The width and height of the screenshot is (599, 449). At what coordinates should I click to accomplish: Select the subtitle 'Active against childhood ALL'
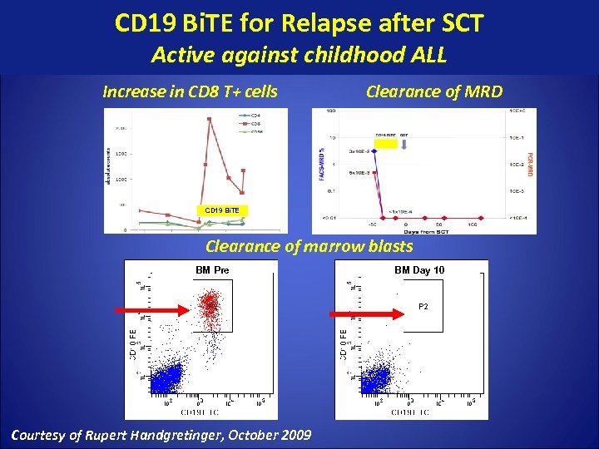[299, 56]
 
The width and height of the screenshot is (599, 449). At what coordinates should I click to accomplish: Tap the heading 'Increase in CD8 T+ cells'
[190, 91]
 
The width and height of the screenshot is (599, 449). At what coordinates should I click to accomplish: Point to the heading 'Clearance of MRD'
[434, 91]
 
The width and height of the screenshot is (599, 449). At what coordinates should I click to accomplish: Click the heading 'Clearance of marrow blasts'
[309, 246]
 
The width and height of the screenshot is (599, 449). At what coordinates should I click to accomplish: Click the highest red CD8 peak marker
[209, 119]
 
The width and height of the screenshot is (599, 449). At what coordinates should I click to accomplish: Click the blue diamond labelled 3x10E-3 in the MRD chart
[374, 151]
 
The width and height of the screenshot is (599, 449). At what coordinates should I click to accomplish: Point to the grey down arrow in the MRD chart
[404, 144]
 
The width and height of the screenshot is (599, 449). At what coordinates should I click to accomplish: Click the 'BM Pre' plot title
[213, 270]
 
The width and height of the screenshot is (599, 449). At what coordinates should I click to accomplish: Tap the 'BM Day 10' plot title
[419, 270]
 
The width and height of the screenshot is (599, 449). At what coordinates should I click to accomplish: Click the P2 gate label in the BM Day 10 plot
[423, 307]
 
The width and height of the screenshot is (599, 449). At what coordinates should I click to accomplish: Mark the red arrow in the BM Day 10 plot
[366, 314]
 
